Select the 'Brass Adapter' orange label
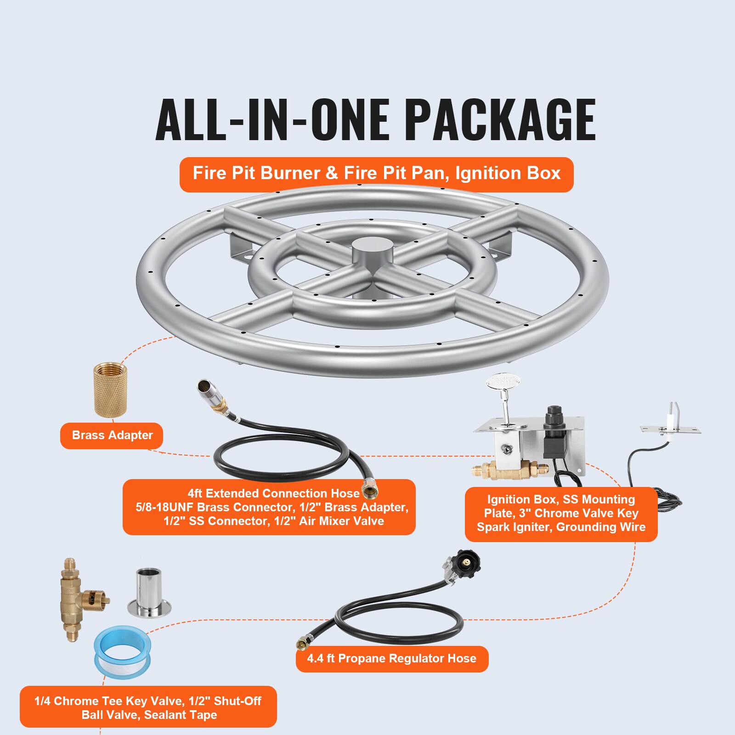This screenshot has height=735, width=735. pyautogui.click(x=112, y=435)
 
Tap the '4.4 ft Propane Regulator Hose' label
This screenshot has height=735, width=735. pyautogui.click(x=391, y=659)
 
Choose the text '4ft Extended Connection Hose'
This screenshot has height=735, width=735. pyautogui.click(x=273, y=494)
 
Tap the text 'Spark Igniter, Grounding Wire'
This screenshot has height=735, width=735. pyautogui.click(x=561, y=527)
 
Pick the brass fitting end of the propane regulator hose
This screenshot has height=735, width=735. pyautogui.click(x=303, y=643)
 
